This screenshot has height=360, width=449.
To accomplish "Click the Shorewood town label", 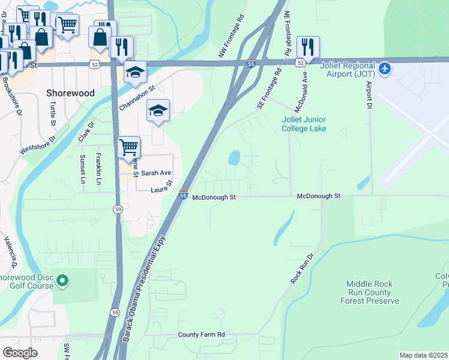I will tap(70, 93).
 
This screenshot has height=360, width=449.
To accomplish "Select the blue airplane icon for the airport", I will tap(385, 69).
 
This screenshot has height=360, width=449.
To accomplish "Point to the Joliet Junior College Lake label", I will tap(304, 124).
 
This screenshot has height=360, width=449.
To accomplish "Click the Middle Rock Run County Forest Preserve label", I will tap(369, 292).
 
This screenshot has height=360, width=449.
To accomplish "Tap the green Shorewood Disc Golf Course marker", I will tap(62, 280).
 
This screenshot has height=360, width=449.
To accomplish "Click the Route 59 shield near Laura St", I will tap(118, 208).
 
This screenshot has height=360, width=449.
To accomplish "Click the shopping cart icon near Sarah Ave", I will tap(128, 147).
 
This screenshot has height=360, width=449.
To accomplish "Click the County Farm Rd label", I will tap(201, 334).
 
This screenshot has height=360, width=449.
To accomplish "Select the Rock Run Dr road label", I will tap(302, 268).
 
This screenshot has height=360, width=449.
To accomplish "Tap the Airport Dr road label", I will tap(369, 93).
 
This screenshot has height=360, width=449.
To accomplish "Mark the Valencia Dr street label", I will tap(10, 252).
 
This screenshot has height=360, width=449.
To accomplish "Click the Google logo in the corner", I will tap(20, 352).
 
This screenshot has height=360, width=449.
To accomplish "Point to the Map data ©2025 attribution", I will tap(423, 355).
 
